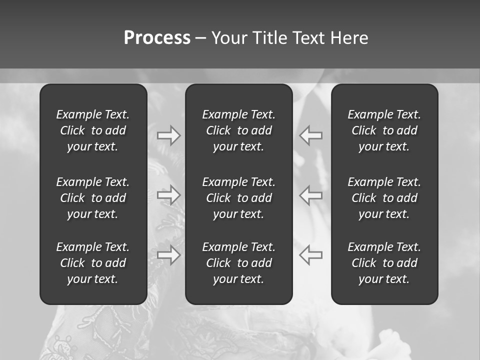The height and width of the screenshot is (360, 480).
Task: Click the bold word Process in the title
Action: [157, 38]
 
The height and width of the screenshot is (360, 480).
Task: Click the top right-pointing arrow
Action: [169, 135]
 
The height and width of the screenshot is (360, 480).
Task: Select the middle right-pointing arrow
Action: [169, 195]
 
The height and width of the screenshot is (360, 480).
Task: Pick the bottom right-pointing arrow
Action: [169, 255]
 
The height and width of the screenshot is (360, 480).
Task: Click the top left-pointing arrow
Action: [311, 135]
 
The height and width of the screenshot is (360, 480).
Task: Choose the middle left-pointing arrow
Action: [311, 195]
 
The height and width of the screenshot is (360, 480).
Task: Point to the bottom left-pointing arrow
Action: [311, 255]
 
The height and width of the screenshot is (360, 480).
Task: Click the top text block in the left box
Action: [93, 130]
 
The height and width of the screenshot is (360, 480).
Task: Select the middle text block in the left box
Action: [93, 198]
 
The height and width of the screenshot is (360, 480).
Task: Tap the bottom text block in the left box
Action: [93, 263]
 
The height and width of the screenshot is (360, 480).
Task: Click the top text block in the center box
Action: [239, 130]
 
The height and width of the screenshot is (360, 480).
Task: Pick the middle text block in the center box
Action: [239, 198]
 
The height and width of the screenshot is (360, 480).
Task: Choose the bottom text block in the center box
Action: [239, 263]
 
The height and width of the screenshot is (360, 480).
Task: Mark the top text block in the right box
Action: [384, 130]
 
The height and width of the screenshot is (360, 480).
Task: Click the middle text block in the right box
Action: [384, 198]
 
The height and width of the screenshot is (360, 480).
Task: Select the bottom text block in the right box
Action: [384, 263]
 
